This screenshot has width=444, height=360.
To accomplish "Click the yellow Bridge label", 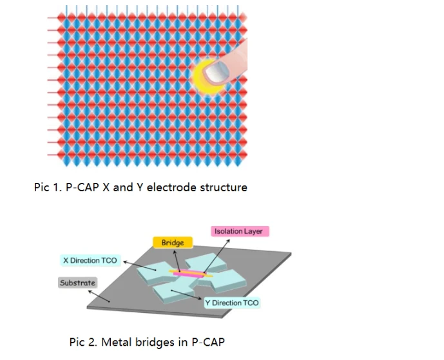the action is pyautogui.click(x=173, y=243).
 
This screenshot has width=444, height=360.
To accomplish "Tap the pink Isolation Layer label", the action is pyautogui.click(x=240, y=231).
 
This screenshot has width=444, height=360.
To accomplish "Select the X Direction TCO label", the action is pyautogui.click(x=91, y=260).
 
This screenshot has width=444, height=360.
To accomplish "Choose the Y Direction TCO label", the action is pyautogui.click(x=232, y=303).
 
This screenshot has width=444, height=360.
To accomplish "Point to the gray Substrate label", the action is pyautogui.click(x=77, y=283).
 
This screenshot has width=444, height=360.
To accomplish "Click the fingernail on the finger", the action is pyautogui.click(x=217, y=72).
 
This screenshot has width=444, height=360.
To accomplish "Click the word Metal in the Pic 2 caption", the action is pyautogui.click(x=117, y=342).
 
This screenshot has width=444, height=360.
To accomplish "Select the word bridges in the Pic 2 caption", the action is pyautogui.click(x=155, y=343).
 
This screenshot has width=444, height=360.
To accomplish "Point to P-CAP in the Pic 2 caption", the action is pyautogui.click(x=208, y=342).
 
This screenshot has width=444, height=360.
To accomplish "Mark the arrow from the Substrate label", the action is pyautogui.click(x=99, y=296).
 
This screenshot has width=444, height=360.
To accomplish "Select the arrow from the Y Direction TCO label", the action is pyautogui.click(x=186, y=294).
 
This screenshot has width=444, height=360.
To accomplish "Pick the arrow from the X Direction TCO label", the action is pyautogui.click(x=140, y=266).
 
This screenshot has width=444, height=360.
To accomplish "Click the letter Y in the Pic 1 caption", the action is pyautogui.click(x=140, y=187).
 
